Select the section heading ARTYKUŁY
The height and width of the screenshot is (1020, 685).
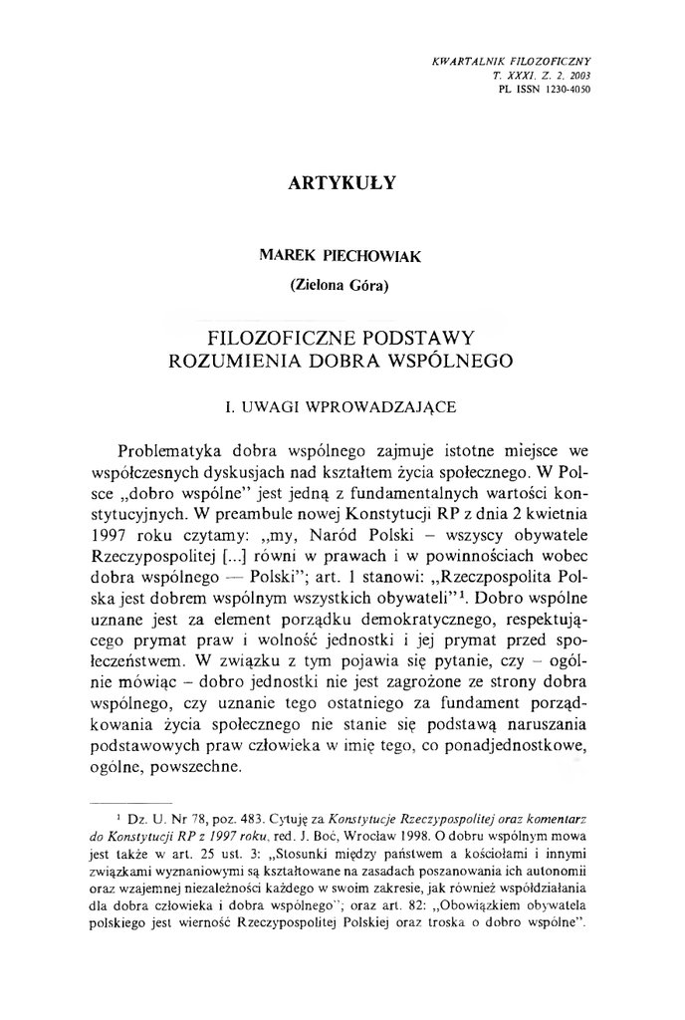tap(342, 183)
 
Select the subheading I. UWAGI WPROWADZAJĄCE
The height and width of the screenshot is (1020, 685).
tap(342, 408)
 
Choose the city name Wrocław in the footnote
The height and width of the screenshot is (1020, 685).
tap(440, 838)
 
